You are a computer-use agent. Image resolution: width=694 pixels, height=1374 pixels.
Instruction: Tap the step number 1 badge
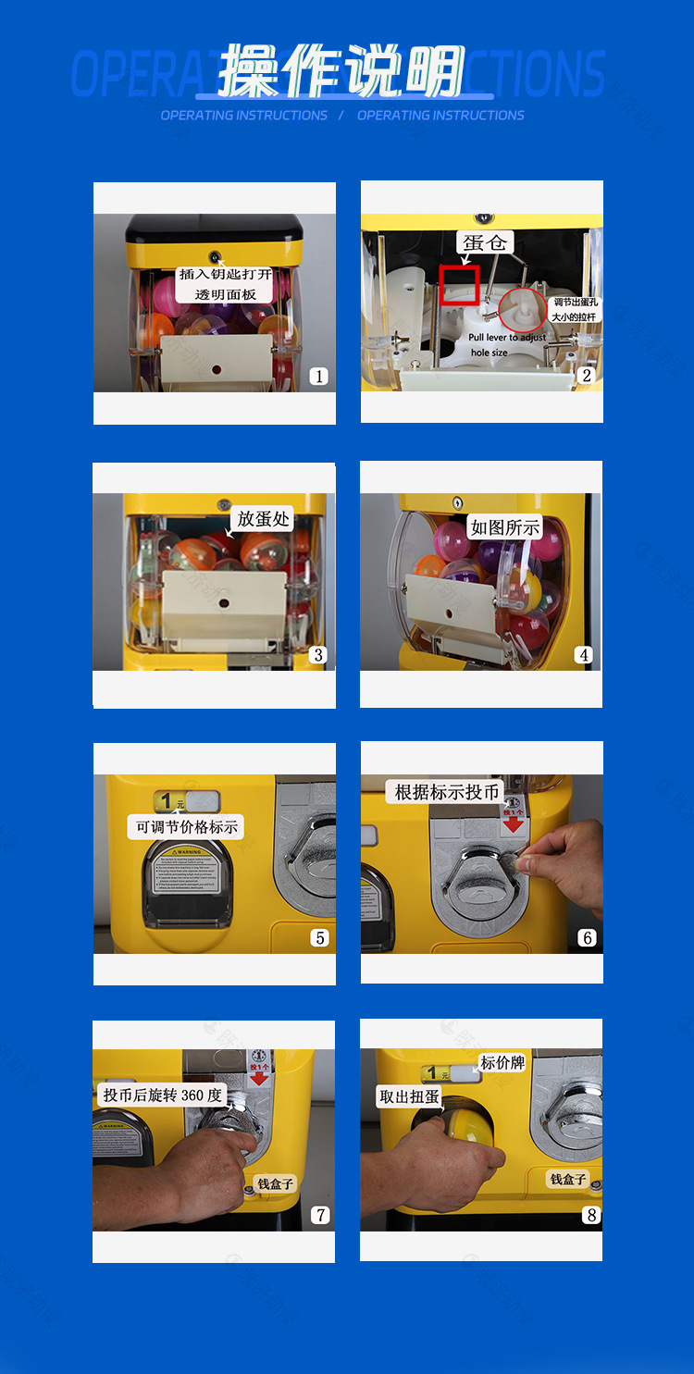pyautogui.click(x=319, y=376)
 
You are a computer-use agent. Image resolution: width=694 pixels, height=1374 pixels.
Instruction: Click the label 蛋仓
pyautogui.click(x=485, y=243)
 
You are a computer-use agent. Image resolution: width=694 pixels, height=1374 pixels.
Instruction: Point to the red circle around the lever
pyautogui.click(x=523, y=311)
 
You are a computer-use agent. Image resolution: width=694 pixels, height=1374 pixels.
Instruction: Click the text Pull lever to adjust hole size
pyautogui.click(x=506, y=345)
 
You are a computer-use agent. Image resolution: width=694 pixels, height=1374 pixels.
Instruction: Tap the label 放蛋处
pyautogui.click(x=263, y=518)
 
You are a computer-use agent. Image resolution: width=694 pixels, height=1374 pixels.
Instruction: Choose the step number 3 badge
pyautogui.click(x=318, y=655)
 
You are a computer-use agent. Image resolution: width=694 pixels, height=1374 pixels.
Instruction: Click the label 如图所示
pyautogui.click(x=504, y=527)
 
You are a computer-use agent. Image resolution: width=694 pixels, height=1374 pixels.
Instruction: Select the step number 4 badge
pyautogui.click(x=584, y=655)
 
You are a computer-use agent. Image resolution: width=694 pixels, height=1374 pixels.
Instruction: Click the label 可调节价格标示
pyautogui.click(x=186, y=826)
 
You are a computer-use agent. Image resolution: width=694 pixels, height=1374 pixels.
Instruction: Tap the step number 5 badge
pyautogui.click(x=319, y=937)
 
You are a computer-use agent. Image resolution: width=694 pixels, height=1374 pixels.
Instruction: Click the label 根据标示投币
pyautogui.click(x=447, y=792)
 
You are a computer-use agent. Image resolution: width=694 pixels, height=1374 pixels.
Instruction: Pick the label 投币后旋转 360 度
pyautogui.click(x=163, y=1095)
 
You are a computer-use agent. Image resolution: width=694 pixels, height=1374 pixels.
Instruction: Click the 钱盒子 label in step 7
pyautogui.click(x=276, y=1183)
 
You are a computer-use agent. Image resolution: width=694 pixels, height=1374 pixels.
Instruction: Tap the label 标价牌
pyautogui.click(x=502, y=1063)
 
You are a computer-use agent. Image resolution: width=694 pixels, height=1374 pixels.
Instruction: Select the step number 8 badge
pyautogui.click(x=591, y=1215)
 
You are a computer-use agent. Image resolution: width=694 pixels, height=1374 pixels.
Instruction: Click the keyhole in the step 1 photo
pyautogui.click(x=215, y=256)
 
